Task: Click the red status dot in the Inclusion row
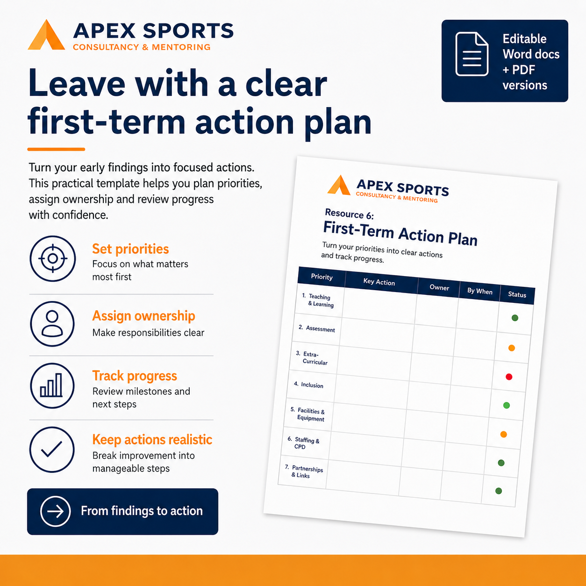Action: tap(509, 377)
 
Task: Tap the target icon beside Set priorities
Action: tap(53, 258)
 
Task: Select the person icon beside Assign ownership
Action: tap(52, 323)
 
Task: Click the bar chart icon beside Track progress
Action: tap(52, 386)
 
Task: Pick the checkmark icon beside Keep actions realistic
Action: tap(52, 450)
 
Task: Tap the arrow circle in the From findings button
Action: tap(55, 511)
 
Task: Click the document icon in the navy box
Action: tap(472, 54)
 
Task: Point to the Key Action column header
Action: tap(379, 282)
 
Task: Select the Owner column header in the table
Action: tap(439, 288)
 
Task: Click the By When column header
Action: tap(480, 291)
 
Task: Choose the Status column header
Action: tap(517, 294)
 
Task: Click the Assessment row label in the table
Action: tap(316, 329)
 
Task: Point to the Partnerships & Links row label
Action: tap(304, 472)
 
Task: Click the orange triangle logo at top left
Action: tap(46, 35)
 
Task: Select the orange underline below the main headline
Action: tap(56, 149)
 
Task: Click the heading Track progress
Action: tap(135, 376)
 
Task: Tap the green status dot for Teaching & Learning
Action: tap(515, 318)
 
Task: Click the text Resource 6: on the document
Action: tap(349, 214)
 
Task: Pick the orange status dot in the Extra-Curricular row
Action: tap(512, 348)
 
